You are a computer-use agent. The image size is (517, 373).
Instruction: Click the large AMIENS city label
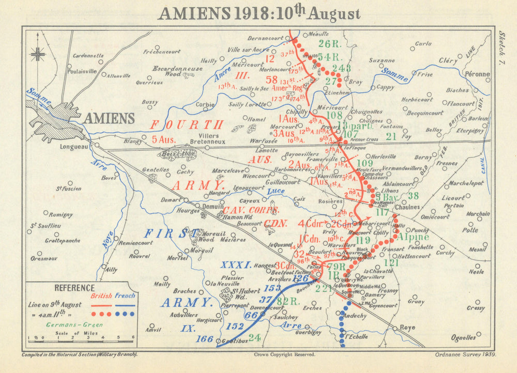click(x=109, y=118)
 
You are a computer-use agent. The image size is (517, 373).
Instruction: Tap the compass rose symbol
click(x=38, y=53)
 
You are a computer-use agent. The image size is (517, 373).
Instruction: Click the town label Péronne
click(x=477, y=74)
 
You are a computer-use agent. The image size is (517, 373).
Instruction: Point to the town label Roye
click(x=407, y=327)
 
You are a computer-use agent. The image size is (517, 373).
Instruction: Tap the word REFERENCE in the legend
click(x=75, y=288)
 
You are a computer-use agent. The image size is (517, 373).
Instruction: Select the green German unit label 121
click(x=392, y=263)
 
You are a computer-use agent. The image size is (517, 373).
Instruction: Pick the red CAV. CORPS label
click(x=251, y=210)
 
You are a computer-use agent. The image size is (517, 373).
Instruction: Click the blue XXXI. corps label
click(x=236, y=265)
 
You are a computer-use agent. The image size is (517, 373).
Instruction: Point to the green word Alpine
click(x=414, y=237)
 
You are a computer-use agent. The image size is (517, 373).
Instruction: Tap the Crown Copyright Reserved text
click(x=284, y=355)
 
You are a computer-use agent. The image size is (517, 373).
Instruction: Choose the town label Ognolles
click(x=463, y=337)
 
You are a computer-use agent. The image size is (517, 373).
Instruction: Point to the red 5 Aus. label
click(x=164, y=139)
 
